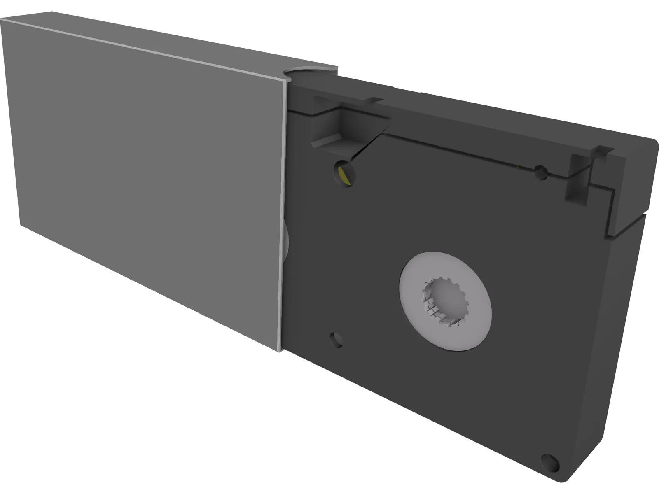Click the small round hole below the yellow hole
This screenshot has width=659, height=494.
[336, 340]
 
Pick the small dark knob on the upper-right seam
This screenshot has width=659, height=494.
[540, 173]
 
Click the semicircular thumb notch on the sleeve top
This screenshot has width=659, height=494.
[310, 73]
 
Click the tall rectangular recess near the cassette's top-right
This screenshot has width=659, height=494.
[579, 181]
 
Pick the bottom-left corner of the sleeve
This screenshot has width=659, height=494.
[21, 224]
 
